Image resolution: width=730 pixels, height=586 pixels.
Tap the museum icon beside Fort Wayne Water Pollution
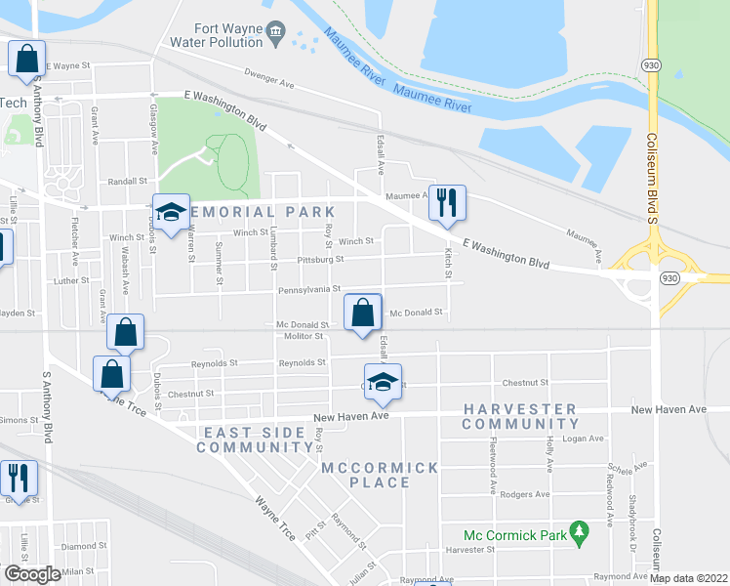pos(276,34)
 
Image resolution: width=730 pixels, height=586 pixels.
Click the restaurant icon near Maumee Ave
pos(447,203)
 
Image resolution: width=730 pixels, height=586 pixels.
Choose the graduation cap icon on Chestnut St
pos(384,382)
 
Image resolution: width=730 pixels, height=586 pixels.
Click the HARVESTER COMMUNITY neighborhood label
pos(521,416)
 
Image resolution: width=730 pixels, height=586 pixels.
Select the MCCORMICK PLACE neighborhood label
pos(380,475)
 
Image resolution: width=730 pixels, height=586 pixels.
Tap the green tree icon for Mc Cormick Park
pos(581,533)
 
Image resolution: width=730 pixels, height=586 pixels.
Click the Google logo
pos(32,574)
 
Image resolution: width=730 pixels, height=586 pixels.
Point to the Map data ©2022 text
pos(688,577)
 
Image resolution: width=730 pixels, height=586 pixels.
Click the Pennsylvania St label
pos(309,289)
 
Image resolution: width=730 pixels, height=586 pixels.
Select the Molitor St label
pos(304,336)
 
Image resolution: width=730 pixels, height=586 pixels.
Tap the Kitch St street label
pos(449,261)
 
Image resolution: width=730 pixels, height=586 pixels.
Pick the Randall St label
pos(127,181)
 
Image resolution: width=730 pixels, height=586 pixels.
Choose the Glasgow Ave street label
pos(153,131)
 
